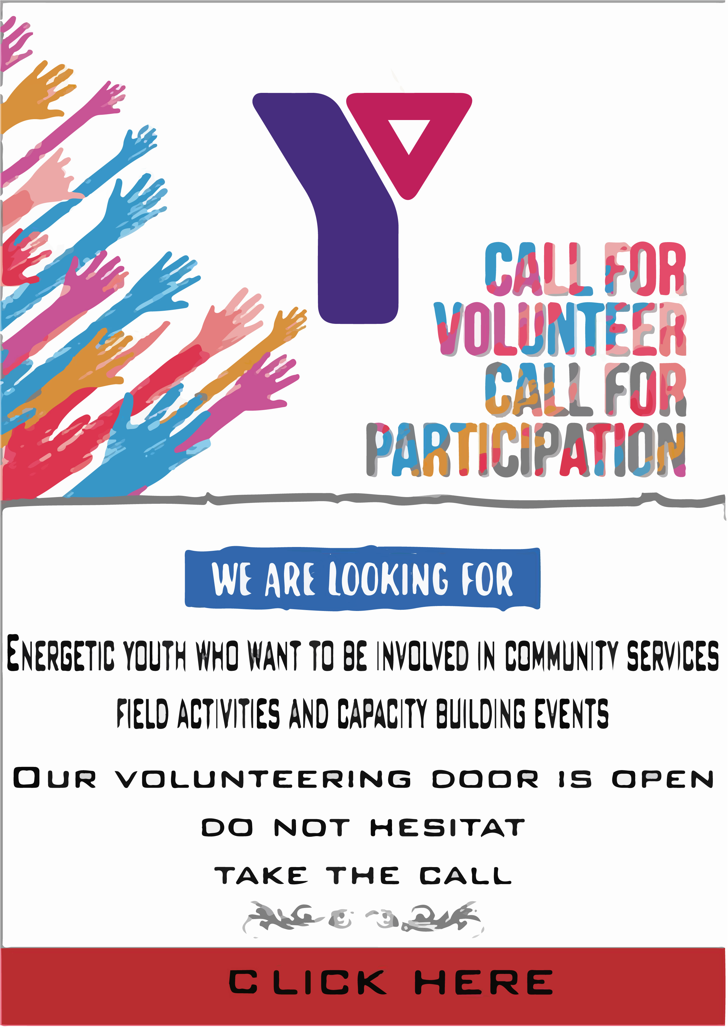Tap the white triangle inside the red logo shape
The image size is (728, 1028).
409,135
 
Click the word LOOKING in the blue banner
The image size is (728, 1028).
388,579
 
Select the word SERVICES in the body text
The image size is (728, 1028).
673,655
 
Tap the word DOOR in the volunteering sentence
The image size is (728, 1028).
485,779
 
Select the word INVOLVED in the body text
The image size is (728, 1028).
422,655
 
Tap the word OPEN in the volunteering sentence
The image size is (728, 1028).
663,779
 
